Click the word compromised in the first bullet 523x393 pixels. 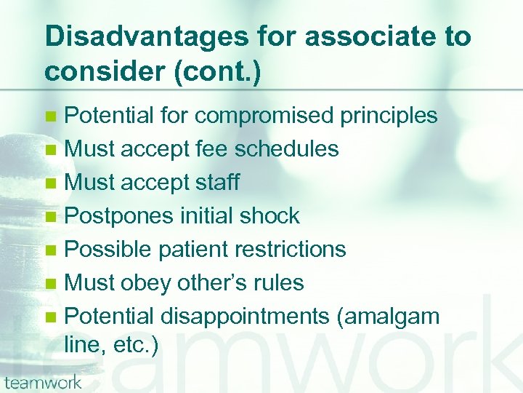256,116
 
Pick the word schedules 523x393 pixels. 285,149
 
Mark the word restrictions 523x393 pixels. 294,250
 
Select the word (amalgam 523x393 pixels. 399,317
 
